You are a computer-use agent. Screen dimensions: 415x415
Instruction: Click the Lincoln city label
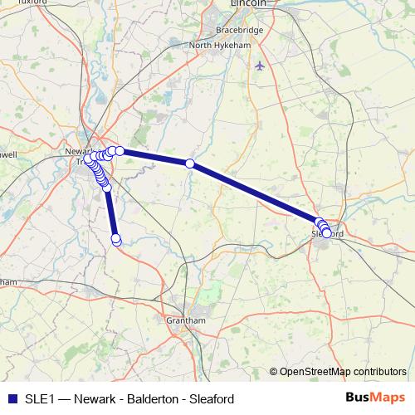pyautogui.click(x=250, y=3)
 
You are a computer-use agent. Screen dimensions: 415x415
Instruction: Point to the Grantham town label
pyautogui.click(x=185, y=320)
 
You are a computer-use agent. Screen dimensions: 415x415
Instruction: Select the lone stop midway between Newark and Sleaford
pyautogui.click(x=189, y=164)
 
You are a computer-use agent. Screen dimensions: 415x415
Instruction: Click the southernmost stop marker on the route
pyautogui.click(x=116, y=241)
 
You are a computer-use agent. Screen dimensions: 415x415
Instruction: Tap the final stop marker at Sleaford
pyautogui.click(x=326, y=234)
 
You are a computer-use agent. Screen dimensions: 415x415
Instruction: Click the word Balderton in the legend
pyautogui.click(x=157, y=398)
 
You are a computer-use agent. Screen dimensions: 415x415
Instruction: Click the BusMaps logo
pyautogui.click(x=374, y=397)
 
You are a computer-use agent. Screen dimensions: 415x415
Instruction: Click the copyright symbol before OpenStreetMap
pyautogui.click(x=274, y=371)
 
